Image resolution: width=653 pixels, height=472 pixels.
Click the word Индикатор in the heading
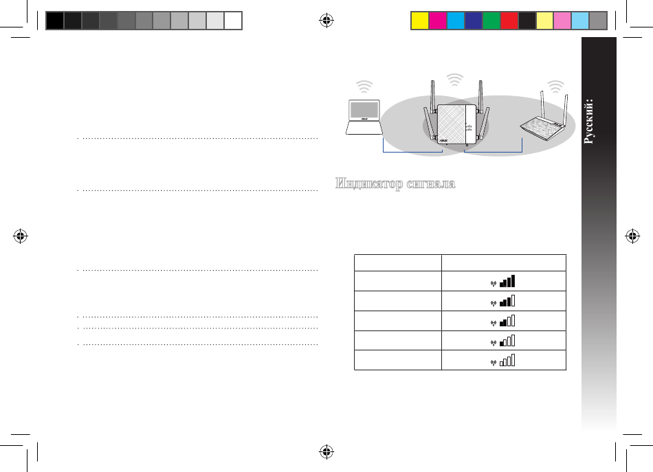point(369,183)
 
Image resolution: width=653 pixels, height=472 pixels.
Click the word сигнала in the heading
point(431,183)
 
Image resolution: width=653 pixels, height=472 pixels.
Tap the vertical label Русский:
point(588,121)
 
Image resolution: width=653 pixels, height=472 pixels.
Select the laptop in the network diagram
point(364,117)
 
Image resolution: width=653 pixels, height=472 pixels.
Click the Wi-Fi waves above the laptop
point(364,87)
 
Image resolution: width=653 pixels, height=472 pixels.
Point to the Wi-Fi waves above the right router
point(555,87)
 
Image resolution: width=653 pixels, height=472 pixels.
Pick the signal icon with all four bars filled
point(503,282)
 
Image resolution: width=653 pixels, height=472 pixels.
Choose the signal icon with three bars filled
point(503,301)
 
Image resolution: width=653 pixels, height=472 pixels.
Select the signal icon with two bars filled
point(503,321)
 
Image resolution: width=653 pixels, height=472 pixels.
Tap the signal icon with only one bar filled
point(503,341)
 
